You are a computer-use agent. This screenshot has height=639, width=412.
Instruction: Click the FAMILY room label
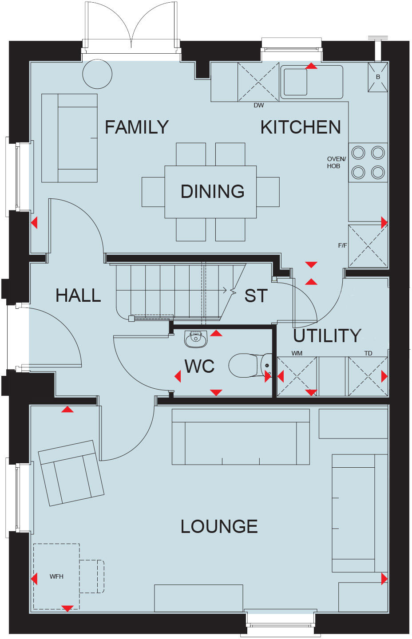click(136, 127)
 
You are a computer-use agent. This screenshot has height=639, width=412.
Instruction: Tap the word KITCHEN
click(301, 127)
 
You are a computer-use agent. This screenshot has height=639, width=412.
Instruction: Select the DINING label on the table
click(212, 192)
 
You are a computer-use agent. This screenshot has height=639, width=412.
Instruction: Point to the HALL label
click(78, 296)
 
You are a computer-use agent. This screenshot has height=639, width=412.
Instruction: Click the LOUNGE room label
click(219, 527)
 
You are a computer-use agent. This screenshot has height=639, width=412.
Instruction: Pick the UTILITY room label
click(327, 336)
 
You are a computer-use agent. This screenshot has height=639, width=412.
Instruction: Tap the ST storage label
click(256, 296)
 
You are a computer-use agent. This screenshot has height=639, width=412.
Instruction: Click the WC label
click(199, 367)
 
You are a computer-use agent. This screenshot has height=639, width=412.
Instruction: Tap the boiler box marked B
click(378, 77)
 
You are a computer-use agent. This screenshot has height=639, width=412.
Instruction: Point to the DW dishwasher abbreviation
click(258, 106)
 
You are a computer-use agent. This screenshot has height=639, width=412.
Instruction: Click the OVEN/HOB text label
click(336, 162)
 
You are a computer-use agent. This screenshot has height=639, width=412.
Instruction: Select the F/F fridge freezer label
click(342, 245)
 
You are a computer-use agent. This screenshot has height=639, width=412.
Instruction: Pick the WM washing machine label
click(297, 353)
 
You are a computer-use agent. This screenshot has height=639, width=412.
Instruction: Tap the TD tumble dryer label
click(368, 353)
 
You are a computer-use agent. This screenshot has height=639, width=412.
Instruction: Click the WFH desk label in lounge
click(56, 576)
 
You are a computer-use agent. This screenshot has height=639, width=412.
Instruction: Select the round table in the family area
click(97, 74)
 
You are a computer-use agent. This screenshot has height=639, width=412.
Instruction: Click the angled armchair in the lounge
click(71, 473)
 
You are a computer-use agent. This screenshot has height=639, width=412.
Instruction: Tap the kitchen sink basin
click(295, 82)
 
